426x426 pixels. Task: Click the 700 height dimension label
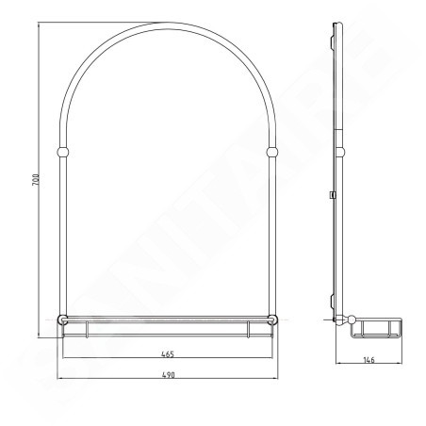tap(36, 180)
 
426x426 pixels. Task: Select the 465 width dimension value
tap(168, 354)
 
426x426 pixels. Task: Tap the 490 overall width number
tap(169, 375)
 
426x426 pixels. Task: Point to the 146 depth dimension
tap(369, 360)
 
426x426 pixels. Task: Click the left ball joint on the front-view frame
tap(62, 152)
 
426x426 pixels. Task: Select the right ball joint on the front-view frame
tap(272, 152)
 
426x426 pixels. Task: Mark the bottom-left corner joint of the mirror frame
tap(62, 319)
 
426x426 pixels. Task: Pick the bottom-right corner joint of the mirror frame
tap(272, 319)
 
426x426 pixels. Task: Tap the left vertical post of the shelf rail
tap(87, 330)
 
